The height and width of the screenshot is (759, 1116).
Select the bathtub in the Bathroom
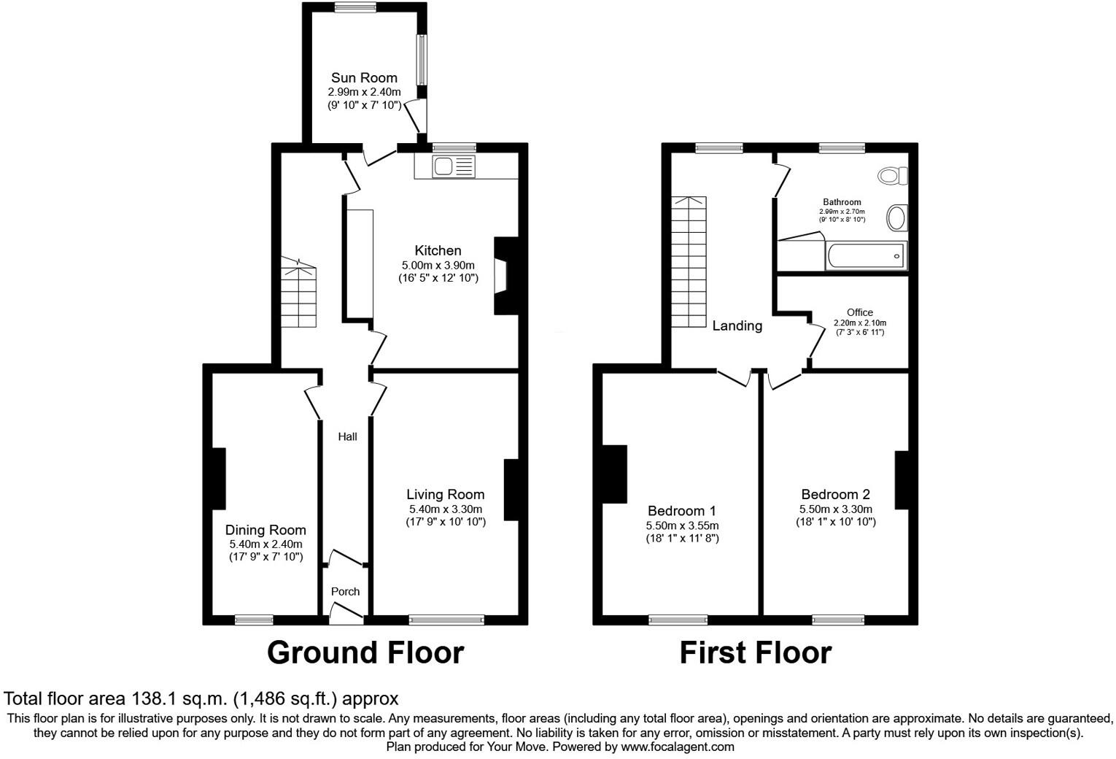866,256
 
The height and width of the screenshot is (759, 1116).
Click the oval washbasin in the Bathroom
896,217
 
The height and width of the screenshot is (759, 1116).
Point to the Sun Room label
364,78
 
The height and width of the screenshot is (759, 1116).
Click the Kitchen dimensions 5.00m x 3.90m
438,265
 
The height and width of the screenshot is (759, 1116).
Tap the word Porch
345,591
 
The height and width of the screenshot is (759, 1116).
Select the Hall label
347,436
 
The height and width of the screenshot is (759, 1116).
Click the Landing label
737,326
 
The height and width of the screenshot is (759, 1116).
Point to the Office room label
859,312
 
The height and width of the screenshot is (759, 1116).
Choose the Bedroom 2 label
835,494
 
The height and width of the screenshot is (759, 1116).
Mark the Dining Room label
266,530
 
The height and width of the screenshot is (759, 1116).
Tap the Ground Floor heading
365,652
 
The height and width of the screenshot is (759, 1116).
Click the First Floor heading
755,652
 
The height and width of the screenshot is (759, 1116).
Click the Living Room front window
446,620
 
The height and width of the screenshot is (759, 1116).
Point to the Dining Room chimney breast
218,478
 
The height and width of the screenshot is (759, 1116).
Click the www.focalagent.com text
677,747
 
